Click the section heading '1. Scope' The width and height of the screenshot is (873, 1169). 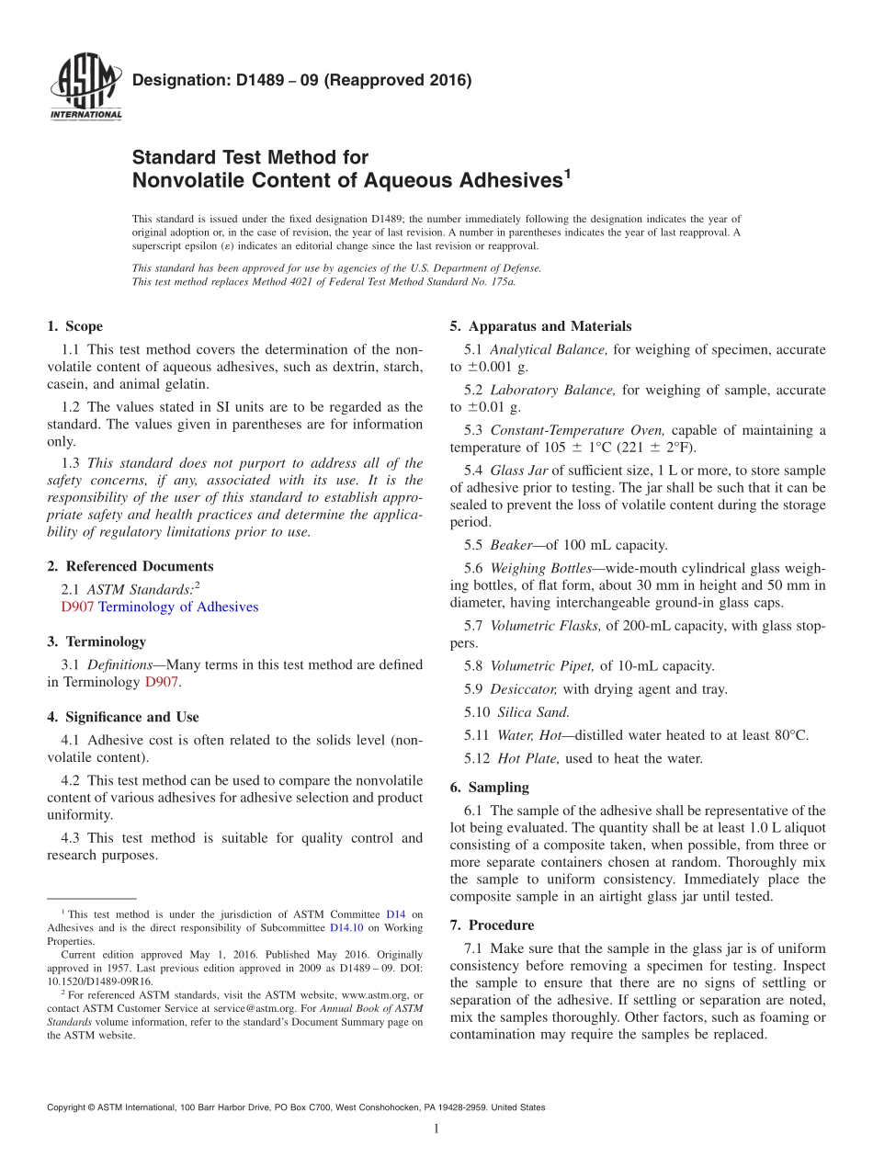[74, 326]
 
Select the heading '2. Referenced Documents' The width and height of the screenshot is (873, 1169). [130, 566]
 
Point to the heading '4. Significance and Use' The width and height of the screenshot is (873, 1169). [122, 717]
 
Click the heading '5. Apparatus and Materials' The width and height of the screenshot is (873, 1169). [540, 326]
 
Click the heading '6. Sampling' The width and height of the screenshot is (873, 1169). [489, 788]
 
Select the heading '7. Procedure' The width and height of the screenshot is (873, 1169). [492, 925]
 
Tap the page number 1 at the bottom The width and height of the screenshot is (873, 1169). [436, 1129]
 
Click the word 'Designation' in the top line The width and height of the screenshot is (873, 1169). [175, 81]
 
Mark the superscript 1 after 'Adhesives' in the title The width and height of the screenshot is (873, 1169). [567, 172]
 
